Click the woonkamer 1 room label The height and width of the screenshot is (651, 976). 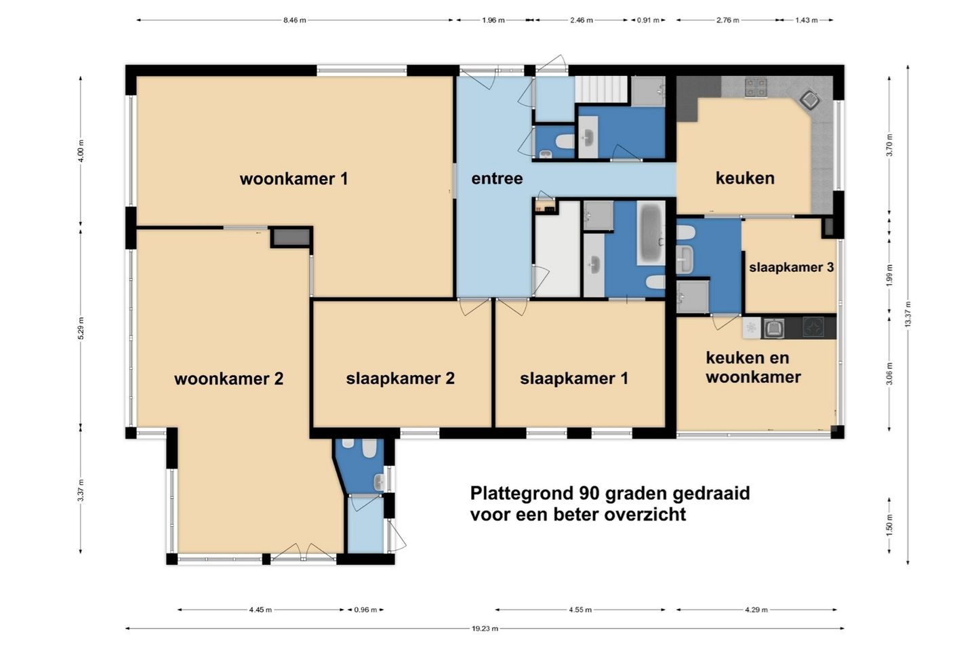coord(293,179)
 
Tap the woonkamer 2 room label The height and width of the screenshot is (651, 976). coord(229,378)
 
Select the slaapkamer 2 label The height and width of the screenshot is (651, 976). coord(401,378)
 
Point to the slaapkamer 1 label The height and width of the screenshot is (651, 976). coord(574,378)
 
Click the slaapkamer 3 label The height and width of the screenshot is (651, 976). coord(791,267)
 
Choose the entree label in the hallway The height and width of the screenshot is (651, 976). coord(497,178)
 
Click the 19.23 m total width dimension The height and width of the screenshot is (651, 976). coord(485,629)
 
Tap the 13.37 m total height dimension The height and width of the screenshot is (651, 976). coord(908,315)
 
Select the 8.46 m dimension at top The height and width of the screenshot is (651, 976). coord(295,20)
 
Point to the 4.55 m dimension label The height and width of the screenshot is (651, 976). coord(580,610)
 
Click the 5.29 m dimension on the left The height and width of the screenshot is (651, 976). coord(81,328)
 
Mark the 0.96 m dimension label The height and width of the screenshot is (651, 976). coord(365,610)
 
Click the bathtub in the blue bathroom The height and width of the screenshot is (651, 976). coord(651,233)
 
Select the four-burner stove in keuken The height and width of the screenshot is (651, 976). coord(756,87)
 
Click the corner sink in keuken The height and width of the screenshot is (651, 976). coord(810,100)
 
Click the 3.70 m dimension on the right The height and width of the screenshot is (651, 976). coord(890,144)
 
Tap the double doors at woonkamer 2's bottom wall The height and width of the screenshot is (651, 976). coord(304,553)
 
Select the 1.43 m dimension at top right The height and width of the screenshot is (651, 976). coord(806,20)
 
